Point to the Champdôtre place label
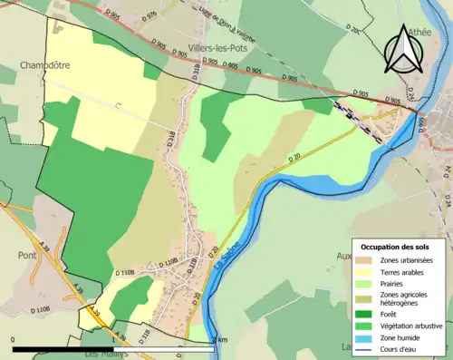(45, 66)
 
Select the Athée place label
(419, 29)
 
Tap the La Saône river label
(221, 262)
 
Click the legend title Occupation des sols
(399, 247)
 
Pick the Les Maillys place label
(105, 355)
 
